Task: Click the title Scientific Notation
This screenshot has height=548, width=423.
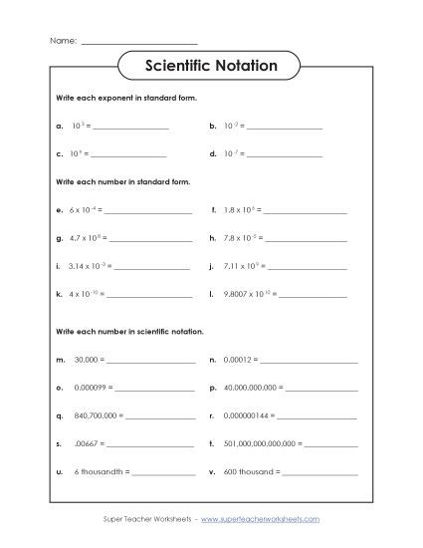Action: pos(210,67)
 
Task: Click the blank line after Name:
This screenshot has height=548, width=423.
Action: pos(138,42)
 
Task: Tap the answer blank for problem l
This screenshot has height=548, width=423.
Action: pos(318,295)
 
